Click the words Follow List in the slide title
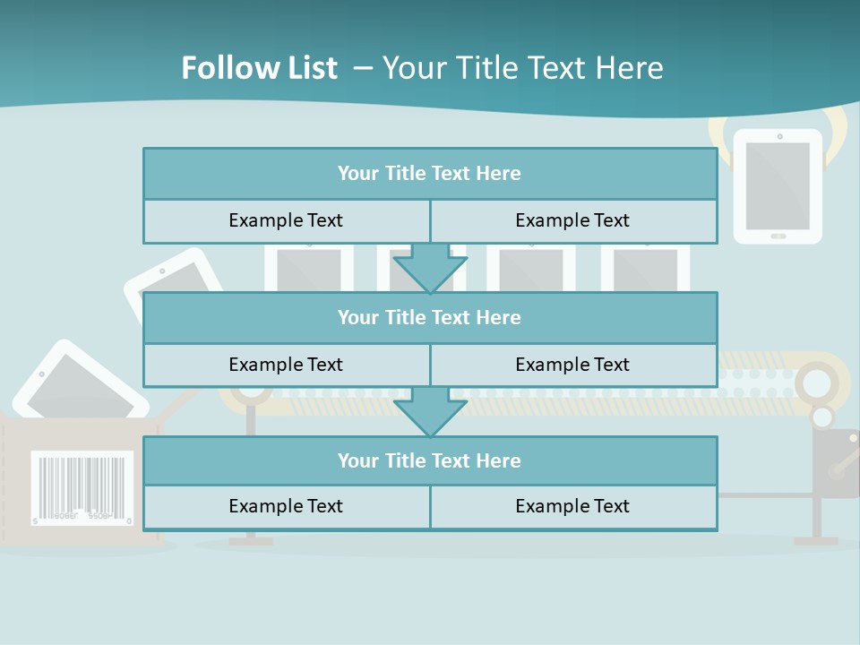(260, 68)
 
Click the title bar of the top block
(429, 174)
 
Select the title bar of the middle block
(429, 317)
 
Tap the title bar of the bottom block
(429, 460)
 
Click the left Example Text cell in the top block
(286, 220)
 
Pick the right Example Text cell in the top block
(572, 220)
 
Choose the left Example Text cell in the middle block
(286, 365)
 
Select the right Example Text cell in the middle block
(572, 365)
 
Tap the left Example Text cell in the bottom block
(286, 506)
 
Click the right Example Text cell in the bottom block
(572, 506)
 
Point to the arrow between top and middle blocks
(430, 267)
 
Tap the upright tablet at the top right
(778, 185)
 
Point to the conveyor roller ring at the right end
(816, 383)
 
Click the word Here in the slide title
(632, 68)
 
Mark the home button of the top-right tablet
(778, 236)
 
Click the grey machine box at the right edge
(836, 462)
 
